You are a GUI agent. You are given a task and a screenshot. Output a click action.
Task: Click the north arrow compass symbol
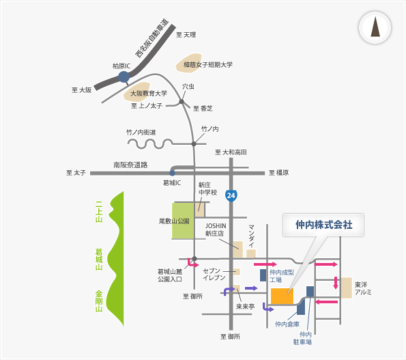click(375, 27)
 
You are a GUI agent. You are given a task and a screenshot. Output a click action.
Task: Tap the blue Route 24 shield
click(231, 195)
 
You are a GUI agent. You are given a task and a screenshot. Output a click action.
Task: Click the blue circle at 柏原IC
click(124, 77)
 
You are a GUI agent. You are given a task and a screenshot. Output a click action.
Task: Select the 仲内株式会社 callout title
click(323, 225)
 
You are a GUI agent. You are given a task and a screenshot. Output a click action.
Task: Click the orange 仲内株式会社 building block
click(282, 296)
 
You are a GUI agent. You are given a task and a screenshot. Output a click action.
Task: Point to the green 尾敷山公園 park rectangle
click(183, 221)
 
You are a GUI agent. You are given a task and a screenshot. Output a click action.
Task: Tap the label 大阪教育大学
click(148, 94)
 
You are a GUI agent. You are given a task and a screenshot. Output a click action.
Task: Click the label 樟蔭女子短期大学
click(208, 64)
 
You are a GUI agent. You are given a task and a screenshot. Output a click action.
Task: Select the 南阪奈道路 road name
click(130, 165)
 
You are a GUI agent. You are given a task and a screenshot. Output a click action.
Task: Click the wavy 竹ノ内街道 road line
click(150, 143)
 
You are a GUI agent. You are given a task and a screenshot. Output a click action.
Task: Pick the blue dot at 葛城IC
click(172, 173)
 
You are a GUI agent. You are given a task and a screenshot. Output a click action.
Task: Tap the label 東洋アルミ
click(363, 288)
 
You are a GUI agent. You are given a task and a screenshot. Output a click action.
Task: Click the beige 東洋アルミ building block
click(347, 288)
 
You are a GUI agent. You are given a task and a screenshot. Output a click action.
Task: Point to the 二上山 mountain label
click(99, 212)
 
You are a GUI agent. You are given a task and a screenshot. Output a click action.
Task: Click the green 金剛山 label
click(99, 301)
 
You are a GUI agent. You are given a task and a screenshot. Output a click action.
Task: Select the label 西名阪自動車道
click(152, 38)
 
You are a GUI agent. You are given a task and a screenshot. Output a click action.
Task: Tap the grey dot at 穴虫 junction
click(182, 102)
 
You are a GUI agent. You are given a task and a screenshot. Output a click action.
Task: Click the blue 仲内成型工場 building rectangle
click(263, 275)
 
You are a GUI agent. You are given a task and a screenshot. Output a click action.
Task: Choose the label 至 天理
click(186, 35)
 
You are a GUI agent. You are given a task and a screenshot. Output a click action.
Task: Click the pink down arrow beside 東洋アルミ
click(336, 283)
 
